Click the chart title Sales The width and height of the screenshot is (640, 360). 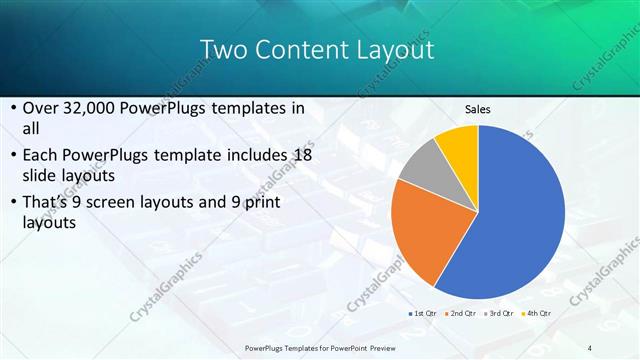(477, 110)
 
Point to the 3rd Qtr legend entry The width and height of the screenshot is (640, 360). (501, 313)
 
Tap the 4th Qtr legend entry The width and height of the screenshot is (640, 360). (537, 313)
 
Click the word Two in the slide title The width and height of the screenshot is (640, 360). (220, 49)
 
